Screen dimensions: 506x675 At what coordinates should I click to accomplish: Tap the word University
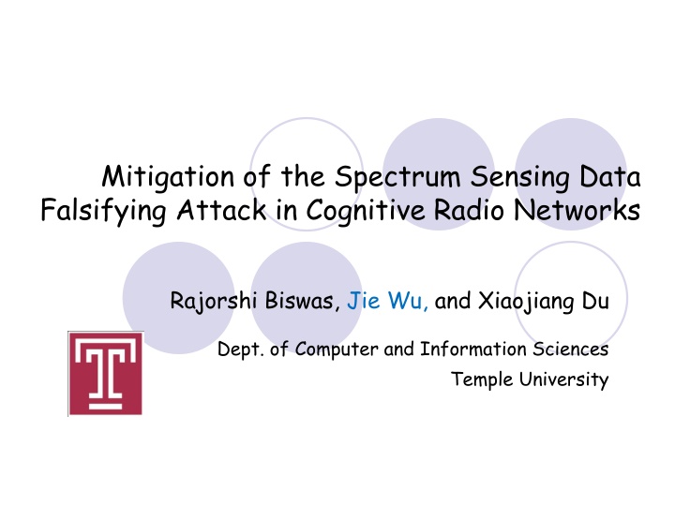562,379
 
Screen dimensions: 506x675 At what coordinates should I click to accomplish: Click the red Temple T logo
106,373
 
